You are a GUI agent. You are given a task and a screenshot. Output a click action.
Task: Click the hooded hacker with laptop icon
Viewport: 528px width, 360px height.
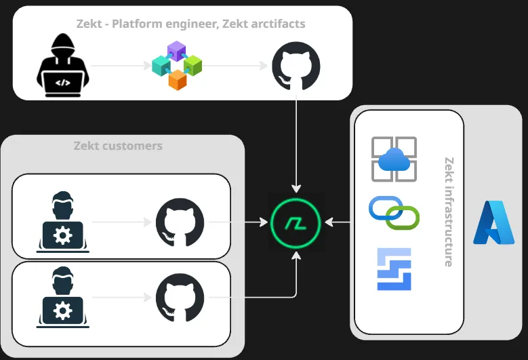coord(62,66)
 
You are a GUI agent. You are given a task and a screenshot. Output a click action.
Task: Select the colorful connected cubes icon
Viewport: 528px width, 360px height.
coord(177,65)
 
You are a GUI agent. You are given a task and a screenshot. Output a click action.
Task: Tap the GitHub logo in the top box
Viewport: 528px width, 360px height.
coord(296,66)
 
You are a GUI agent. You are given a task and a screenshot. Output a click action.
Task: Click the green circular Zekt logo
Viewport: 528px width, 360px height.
coord(296,222)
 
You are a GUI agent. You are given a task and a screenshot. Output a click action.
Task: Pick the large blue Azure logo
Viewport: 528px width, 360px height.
coord(493,222)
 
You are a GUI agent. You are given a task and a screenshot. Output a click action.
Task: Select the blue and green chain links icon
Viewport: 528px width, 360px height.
coord(394,213)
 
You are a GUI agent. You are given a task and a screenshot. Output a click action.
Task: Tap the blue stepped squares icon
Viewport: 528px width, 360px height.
coord(394,269)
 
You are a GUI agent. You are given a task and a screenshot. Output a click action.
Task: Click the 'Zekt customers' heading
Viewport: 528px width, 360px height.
coord(118,146)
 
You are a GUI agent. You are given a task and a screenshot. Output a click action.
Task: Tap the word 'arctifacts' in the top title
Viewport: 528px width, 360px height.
coord(277,24)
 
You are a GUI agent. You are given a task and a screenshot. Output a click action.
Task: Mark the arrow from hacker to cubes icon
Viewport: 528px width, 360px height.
coord(119,66)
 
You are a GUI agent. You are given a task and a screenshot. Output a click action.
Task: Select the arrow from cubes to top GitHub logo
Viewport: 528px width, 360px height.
coord(235,66)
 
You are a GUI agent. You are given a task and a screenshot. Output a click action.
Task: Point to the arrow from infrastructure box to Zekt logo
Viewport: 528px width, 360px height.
coord(339,222)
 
